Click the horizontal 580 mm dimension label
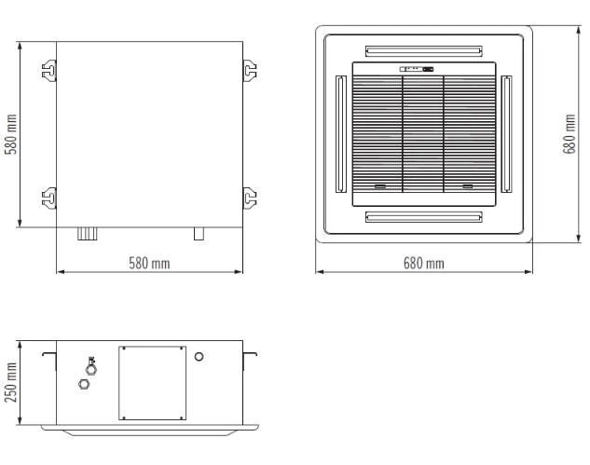click(x=149, y=264)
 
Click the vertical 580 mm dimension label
click(x=11, y=134)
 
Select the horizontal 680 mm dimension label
click(x=424, y=264)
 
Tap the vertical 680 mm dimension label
click(x=569, y=134)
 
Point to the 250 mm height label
click(x=11, y=383)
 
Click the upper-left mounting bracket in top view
click(x=49, y=70)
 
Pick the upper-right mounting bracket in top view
click(x=250, y=70)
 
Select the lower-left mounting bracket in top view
click(x=49, y=198)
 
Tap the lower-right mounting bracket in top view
click(x=250, y=198)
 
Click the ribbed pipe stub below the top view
click(x=88, y=234)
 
